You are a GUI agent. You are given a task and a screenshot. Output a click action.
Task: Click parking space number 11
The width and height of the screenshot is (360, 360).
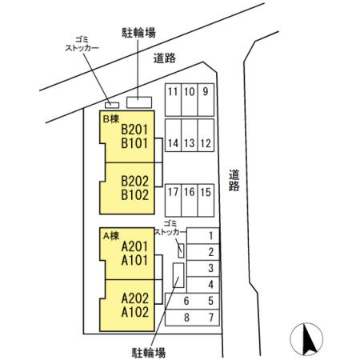(x=172, y=91)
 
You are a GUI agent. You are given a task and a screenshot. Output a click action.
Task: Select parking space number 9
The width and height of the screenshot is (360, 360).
(x=206, y=91)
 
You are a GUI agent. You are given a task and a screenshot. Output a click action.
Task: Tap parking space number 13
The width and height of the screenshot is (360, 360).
(x=189, y=144)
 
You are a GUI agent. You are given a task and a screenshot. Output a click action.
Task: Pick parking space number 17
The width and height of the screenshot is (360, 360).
(x=172, y=192)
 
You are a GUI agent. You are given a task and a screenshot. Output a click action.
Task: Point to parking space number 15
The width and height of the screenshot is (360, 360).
(x=206, y=192)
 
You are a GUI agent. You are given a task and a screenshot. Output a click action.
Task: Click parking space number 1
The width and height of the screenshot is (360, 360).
(x=210, y=235)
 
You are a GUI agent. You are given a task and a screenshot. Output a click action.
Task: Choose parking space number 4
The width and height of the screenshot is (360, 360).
(x=210, y=285)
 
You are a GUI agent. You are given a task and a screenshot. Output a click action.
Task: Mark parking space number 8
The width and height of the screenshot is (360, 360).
(x=186, y=318)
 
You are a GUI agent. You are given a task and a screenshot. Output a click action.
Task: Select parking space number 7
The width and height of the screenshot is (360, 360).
(x=210, y=318)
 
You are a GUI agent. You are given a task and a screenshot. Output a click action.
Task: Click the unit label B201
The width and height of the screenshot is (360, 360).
(x=135, y=129)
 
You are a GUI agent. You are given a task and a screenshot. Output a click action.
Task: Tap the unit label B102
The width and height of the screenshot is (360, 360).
(x=135, y=194)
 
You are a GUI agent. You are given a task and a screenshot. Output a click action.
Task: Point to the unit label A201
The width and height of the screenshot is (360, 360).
(x=135, y=246)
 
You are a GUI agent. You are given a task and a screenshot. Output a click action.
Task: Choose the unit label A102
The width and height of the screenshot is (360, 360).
(x=135, y=312)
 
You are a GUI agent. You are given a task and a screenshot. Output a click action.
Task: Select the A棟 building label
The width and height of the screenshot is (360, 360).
(x=109, y=235)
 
